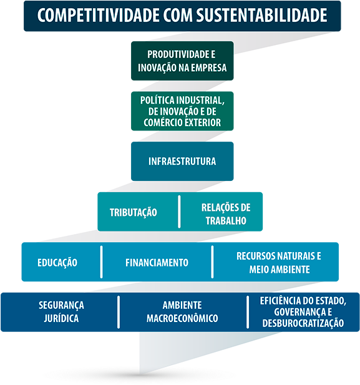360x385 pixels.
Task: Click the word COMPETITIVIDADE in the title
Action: (x=98, y=15)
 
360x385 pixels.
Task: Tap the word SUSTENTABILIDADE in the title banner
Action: (x=261, y=15)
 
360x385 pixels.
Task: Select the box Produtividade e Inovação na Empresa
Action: (x=182, y=61)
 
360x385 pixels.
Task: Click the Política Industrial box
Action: (x=182, y=111)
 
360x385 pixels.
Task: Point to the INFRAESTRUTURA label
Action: (x=182, y=162)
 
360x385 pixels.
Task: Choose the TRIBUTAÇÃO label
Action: (x=134, y=213)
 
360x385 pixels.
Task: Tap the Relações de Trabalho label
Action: (x=226, y=214)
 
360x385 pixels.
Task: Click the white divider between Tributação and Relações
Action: (x=179, y=212)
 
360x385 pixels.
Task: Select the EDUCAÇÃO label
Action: (x=57, y=263)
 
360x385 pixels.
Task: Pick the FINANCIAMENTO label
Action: (x=157, y=263)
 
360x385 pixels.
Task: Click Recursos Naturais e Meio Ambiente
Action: (x=279, y=263)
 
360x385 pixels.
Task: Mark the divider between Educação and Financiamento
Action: (x=102, y=262)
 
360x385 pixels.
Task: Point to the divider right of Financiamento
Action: (x=212, y=262)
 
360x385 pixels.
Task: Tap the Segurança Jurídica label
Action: (x=61, y=312)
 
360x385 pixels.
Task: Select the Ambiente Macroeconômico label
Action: (x=182, y=312)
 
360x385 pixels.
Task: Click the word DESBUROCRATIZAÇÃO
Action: (x=303, y=323)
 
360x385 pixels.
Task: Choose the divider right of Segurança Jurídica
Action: (x=119, y=312)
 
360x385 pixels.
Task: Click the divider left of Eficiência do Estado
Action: (x=248, y=312)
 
